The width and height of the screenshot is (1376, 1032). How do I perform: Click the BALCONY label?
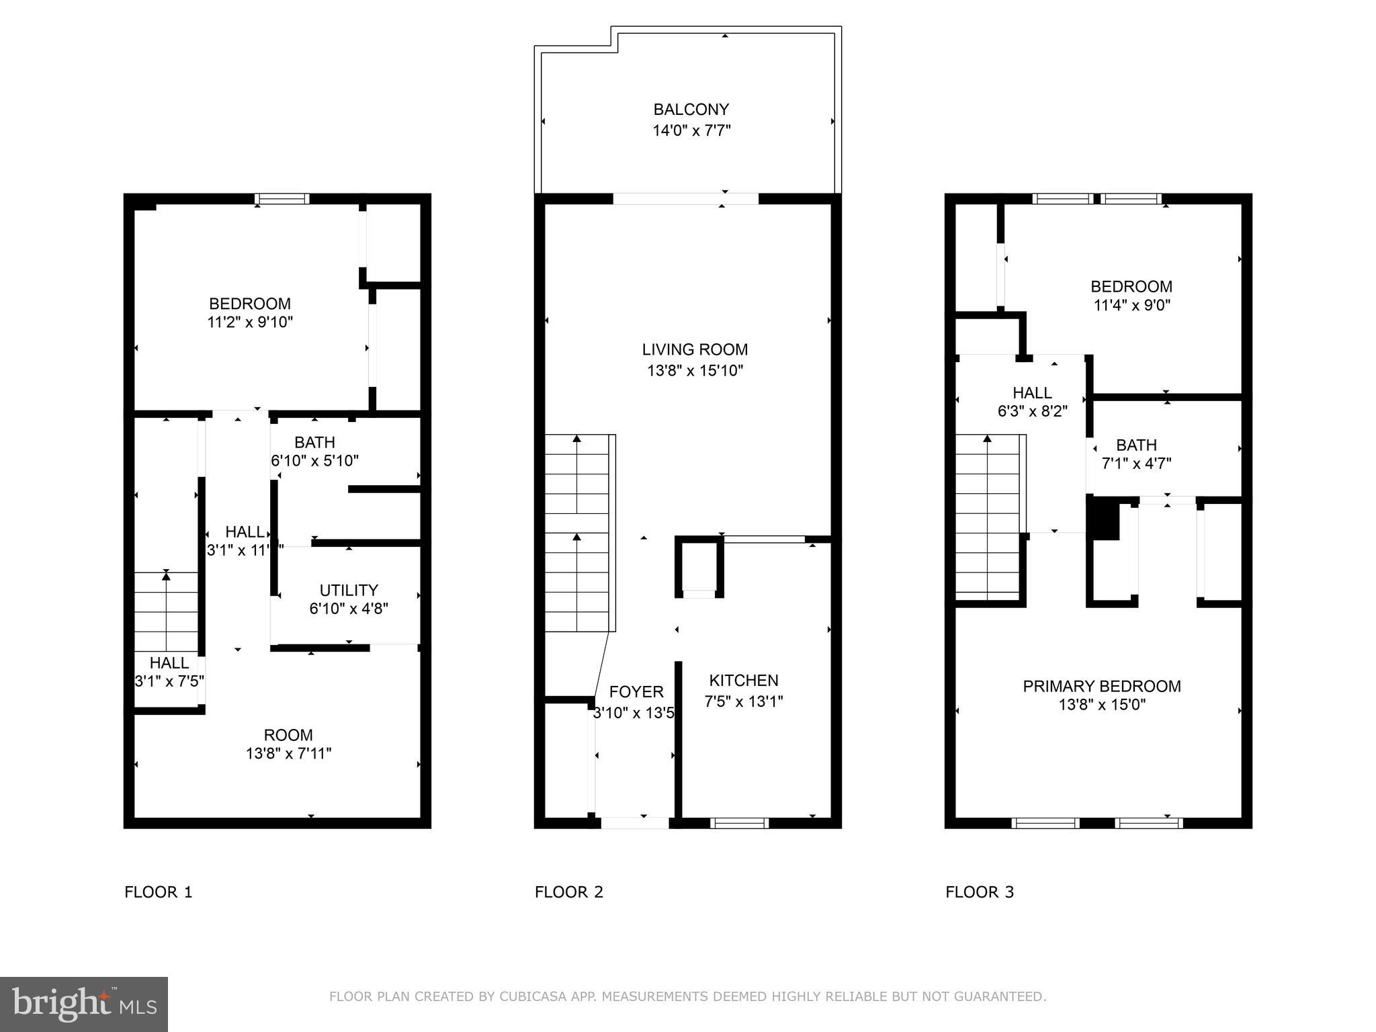click(x=691, y=110)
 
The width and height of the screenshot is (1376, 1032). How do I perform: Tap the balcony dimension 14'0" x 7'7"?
click(x=691, y=130)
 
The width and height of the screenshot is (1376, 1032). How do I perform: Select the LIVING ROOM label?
click(x=695, y=349)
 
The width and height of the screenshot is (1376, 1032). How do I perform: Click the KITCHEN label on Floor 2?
click(x=744, y=680)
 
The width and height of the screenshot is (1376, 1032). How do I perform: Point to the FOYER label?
click(x=636, y=691)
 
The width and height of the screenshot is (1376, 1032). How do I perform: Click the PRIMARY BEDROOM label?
click(x=1101, y=686)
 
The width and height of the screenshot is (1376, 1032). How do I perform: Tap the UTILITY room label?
click(x=348, y=590)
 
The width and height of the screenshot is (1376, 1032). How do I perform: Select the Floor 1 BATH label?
click(x=314, y=442)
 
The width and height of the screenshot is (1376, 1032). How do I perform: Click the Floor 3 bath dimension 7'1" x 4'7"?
click(x=1136, y=464)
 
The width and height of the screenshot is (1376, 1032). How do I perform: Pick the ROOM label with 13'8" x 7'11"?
click(x=288, y=734)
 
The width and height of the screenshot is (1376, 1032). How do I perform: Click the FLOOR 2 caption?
click(x=568, y=892)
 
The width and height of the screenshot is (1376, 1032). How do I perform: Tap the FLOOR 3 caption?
click(x=979, y=892)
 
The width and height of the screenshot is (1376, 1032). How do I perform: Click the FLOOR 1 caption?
click(x=158, y=892)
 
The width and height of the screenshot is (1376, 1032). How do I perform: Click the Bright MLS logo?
click(x=83, y=1004)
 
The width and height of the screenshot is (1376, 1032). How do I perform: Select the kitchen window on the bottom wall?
click(x=739, y=822)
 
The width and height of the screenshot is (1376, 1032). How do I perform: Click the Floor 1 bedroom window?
click(x=282, y=199)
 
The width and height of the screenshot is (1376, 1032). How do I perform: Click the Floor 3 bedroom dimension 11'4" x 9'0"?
click(x=1131, y=306)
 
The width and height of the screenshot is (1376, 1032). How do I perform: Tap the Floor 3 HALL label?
click(x=1032, y=392)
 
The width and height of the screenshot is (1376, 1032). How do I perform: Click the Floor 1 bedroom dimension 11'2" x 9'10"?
click(x=250, y=322)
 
